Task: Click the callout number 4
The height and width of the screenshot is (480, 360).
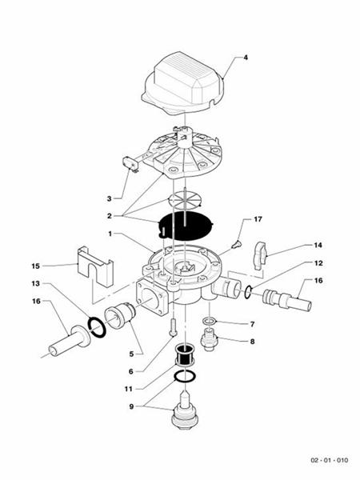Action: click(x=246, y=58)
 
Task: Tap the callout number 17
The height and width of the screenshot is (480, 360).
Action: click(x=258, y=218)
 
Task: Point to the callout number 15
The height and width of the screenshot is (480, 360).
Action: click(x=34, y=266)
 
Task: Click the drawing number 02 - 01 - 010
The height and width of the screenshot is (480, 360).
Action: click(x=330, y=462)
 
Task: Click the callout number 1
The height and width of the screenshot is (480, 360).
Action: click(x=110, y=234)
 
